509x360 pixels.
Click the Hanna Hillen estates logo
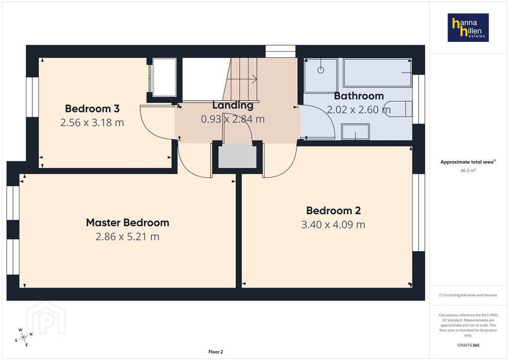pos(468,27)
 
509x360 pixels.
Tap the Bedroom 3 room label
pos(92,108)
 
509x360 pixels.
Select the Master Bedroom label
pos(128,223)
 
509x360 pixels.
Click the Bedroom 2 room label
pos(334,211)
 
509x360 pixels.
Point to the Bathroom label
pos(359,96)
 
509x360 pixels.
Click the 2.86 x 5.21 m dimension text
pos(128,237)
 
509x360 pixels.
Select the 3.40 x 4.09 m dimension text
pos(334,225)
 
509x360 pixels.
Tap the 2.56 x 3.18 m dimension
pos(92,122)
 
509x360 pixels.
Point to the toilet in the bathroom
pos(398,109)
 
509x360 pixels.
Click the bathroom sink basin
pos(355,132)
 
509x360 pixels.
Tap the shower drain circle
pos(321,70)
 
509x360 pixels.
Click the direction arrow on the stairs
pos(242,79)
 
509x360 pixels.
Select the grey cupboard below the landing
pos(237,157)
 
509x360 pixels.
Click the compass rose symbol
pos(23,338)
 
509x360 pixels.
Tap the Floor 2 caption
pos(216,352)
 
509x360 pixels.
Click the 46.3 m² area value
pos(468,170)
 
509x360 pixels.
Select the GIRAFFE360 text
pos(468,345)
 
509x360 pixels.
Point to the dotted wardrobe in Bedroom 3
pos(164,77)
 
